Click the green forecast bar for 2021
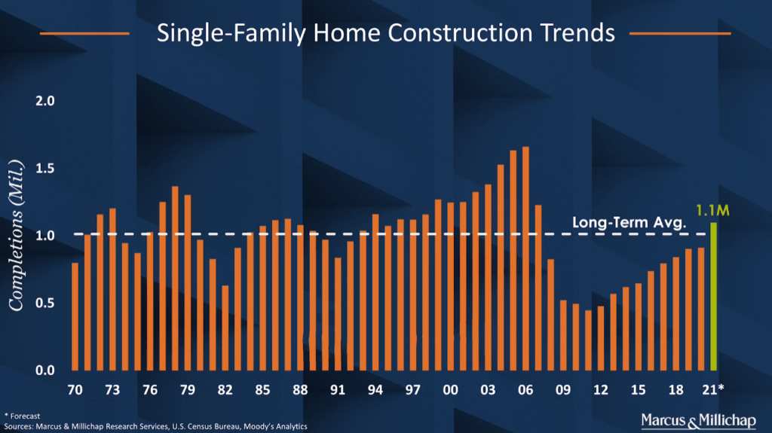pos(713,297)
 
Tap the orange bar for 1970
pos(75,316)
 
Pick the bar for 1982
pos(225,328)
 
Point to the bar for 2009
pos(563,335)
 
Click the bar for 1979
pos(187,282)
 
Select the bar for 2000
pos(450,286)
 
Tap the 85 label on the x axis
pos(262,391)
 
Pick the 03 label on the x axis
pos(488,391)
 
